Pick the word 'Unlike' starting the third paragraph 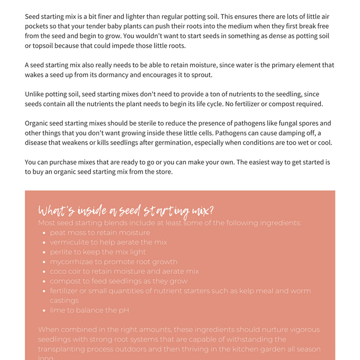click(x=35, y=94)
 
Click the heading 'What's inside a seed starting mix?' click(x=126, y=211)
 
